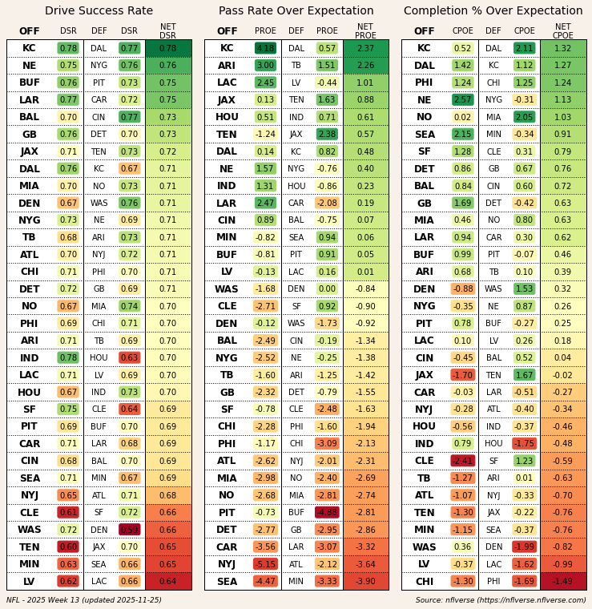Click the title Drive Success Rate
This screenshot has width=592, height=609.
(99, 11)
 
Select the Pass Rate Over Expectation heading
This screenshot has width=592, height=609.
(296, 11)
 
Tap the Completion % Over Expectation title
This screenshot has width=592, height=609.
(493, 11)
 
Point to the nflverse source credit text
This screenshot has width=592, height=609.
(501, 599)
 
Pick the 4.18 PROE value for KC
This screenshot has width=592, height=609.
(265, 48)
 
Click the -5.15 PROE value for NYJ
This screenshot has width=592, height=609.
(265, 564)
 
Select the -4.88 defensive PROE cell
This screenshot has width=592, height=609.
(327, 513)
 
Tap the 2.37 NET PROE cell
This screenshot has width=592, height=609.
(365, 48)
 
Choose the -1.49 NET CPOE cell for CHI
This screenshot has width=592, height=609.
(563, 582)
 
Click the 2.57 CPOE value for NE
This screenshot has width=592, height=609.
(462, 100)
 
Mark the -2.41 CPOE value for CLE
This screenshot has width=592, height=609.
(462, 462)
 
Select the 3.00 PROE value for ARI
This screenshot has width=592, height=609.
(265, 66)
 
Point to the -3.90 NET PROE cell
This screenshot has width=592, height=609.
(365, 582)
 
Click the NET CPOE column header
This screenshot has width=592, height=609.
(563, 31)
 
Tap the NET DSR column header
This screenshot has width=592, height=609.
(168, 31)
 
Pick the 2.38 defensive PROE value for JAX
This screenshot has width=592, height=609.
(327, 135)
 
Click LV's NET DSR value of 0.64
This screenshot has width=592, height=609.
(168, 582)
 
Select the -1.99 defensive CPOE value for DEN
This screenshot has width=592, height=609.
(524, 547)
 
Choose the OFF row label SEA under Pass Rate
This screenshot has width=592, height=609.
(227, 582)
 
